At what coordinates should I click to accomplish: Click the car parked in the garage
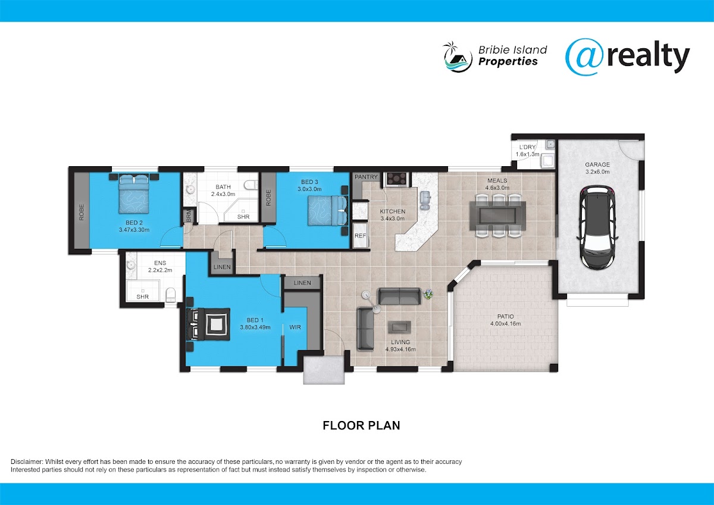click(597, 227)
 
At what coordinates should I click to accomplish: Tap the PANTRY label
click(366, 177)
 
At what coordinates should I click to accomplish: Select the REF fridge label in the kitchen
click(360, 236)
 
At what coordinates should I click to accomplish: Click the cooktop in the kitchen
click(397, 179)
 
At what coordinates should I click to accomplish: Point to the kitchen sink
click(425, 200)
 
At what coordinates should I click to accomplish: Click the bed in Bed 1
click(209, 324)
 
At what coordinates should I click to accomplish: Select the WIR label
click(295, 327)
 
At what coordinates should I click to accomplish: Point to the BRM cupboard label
click(189, 216)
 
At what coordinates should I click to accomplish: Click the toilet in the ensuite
click(171, 295)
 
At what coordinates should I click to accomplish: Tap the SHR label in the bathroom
click(243, 217)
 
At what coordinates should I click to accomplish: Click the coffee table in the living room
click(399, 327)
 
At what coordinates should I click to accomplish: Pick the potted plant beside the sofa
click(428, 294)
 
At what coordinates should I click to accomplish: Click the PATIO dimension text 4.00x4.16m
click(506, 323)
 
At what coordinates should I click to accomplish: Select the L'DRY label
click(528, 147)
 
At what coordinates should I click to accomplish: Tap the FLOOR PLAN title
click(361, 426)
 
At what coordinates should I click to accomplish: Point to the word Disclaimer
click(27, 462)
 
